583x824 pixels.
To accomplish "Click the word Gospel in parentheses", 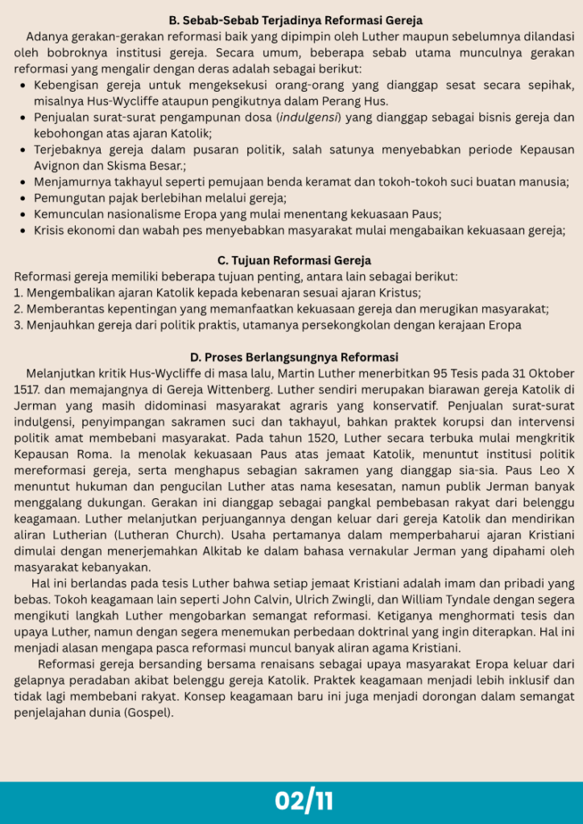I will [146, 712].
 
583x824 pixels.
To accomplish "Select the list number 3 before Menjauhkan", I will [18, 325].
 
